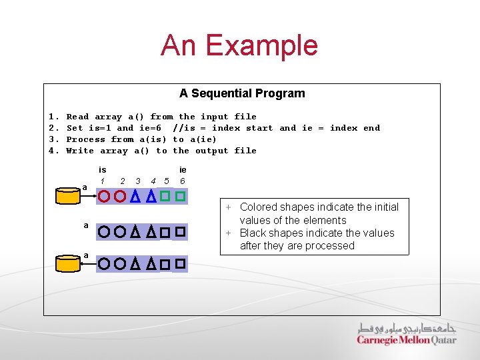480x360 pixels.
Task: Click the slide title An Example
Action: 239,45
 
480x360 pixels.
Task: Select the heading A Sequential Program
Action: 242,93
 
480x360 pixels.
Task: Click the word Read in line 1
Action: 77,117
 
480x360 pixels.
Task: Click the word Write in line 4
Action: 80,151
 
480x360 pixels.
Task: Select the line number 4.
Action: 52,151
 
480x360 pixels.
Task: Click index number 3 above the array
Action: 137,181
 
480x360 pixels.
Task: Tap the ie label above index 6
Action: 183,170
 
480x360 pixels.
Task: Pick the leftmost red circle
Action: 104,197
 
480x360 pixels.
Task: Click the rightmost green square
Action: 179,196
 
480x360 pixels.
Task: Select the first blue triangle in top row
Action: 135,197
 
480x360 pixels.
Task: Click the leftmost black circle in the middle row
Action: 104,232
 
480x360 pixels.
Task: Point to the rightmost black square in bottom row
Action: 179,264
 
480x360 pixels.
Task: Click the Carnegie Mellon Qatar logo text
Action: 407,340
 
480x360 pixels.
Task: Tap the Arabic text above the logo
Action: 407,327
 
